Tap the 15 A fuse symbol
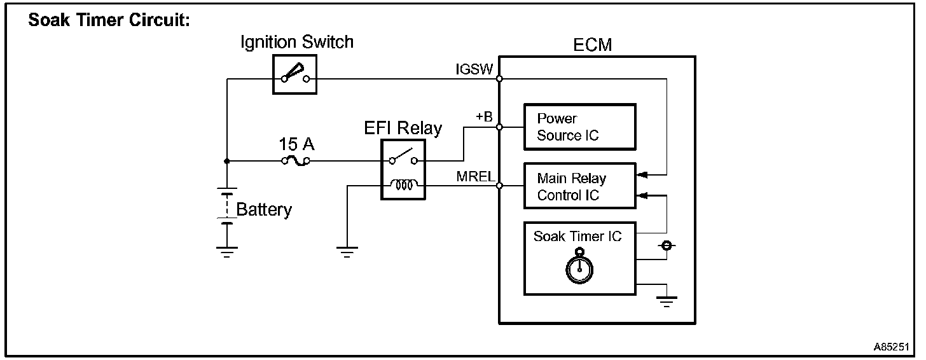point(296,161)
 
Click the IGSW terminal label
point(474,69)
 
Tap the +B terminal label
point(484,116)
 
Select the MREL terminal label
point(476,176)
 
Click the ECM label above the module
point(592,45)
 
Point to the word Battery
point(264,209)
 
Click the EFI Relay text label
point(403,128)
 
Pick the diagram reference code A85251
point(891,347)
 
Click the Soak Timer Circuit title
point(109,20)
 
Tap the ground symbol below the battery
point(226,252)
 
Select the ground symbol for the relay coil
point(347,252)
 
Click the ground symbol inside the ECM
point(667,301)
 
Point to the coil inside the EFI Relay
point(404,184)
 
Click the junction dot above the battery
point(226,161)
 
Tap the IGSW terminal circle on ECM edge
point(499,78)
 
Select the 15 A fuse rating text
point(296,144)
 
